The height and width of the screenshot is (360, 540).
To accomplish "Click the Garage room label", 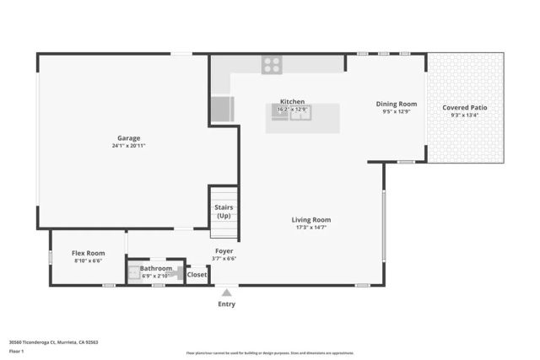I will point(128,137).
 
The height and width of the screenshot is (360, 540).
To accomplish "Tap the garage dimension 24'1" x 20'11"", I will point(128,146).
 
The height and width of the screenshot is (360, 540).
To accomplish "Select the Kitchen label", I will point(292,101).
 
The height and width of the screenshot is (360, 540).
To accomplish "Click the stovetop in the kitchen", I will point(272,62).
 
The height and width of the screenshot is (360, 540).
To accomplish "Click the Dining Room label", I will point(396,104).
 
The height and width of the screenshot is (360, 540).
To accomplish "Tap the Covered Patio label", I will point(464,108).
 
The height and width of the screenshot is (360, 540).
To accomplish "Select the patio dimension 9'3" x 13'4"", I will point(464,116).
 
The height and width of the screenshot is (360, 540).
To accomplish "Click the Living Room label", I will point(311,219).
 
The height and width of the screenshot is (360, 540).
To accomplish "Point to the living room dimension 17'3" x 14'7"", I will point(311,228).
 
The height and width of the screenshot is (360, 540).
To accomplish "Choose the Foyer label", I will point(224,250).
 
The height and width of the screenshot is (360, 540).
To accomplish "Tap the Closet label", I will point(197,274).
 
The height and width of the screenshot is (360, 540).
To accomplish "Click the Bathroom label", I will point(156,268).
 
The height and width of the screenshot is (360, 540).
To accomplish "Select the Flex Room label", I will point(88,253).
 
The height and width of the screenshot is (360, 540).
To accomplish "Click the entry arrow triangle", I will point(226,292).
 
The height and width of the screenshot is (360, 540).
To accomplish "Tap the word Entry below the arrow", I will point(226,304).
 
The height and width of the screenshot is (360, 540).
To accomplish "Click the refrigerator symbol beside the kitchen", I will point(221,110).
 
